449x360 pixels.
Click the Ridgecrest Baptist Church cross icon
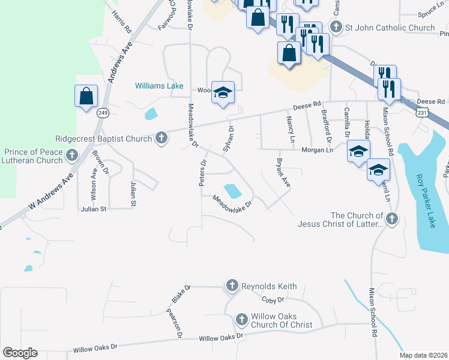pos(161,139)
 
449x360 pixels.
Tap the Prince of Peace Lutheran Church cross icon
pos(72,156)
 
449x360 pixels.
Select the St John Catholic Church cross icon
pos(336,28)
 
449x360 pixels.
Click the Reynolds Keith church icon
pos(232,286)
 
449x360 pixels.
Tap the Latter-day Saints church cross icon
pos(392,220)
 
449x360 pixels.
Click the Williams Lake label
pos(159,86)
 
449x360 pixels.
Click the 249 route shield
pos(103,113)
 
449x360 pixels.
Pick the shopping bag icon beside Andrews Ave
pos(86,96)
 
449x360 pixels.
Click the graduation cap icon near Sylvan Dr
pos(223,93)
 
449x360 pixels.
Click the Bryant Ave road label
pos(283,173)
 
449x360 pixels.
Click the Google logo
pos(20,353)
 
